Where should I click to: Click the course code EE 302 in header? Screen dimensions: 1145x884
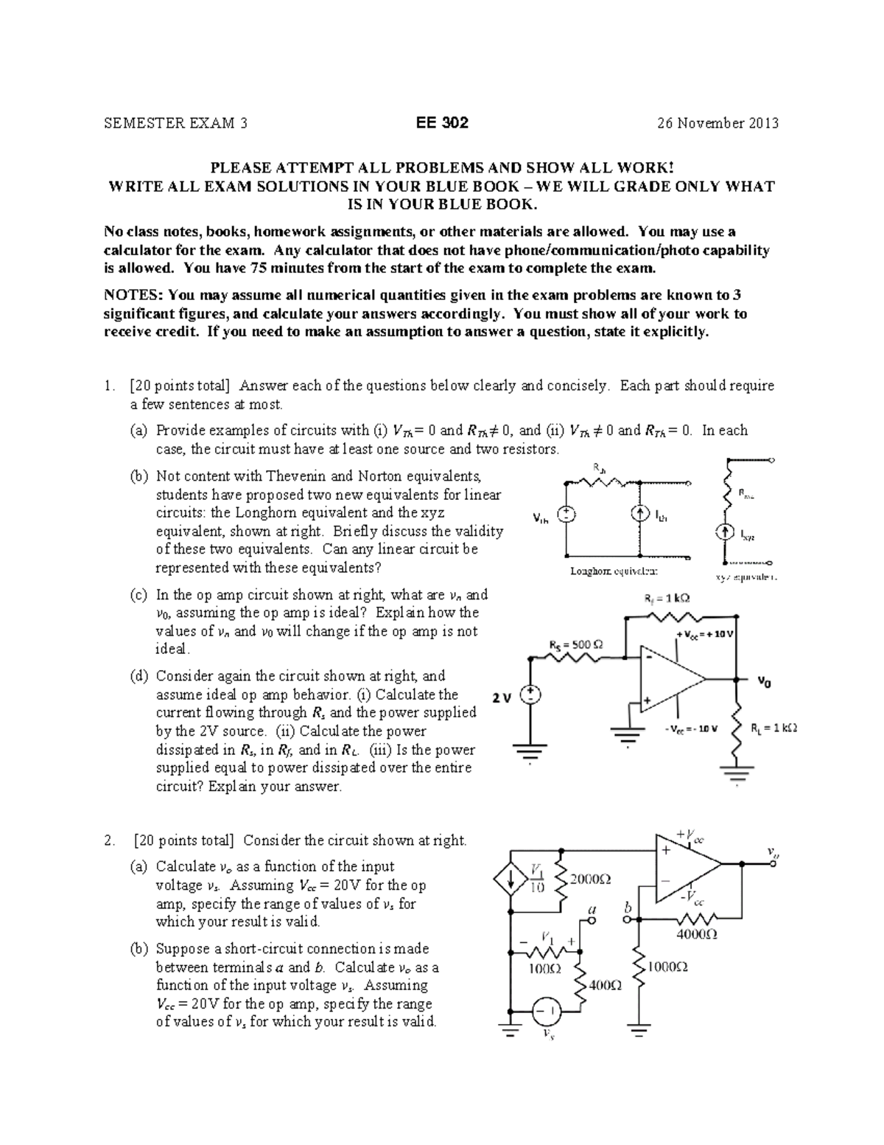(441, 123)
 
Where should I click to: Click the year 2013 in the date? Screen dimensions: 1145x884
(764, 123)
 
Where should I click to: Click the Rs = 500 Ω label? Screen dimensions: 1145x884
(576, 644)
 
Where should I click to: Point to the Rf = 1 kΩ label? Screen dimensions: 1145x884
(663, 599)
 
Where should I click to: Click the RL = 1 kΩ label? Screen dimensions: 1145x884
(773, 728)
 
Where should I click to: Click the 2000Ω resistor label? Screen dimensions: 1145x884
(591, 879)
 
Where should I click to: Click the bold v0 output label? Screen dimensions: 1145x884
(766, 682)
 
